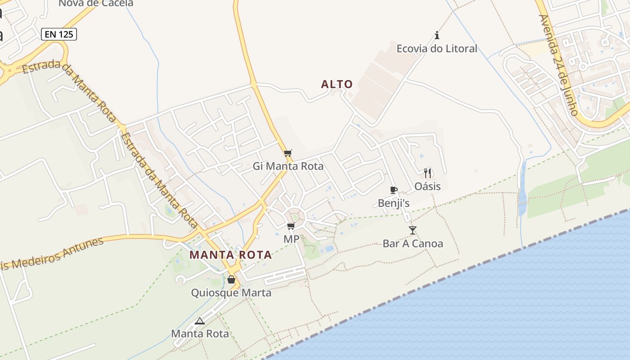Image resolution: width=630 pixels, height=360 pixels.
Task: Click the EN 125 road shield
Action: pyautogui.click(x=59, y=34)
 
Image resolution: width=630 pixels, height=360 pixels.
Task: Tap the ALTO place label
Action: pyautogui.click(x=337, y=84)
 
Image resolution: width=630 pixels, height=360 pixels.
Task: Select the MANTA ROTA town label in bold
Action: pyautogui.click(x=230, y=255)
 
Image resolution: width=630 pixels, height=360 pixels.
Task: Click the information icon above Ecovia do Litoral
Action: pyautogui.click(x=436, y=35)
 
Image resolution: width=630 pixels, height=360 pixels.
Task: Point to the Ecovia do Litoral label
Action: pyautogui.click(x=436, y=49)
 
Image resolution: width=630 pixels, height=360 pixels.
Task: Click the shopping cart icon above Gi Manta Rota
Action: pyautogui.click(x=288, y=153)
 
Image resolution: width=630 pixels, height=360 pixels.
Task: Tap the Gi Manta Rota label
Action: pyautogui.click(x=288, y=166)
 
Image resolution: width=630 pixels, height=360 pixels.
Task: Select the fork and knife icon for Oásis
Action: pyautogui.click(x=427, y=173)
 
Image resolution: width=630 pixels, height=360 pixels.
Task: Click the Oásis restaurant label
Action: pyautogui.click(x=427, y=186)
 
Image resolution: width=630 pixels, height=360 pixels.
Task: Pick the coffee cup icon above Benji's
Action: pyautogui.click(x=394, y=190)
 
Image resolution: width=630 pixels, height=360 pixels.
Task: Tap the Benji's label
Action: pyautogui.click(x=394, y=203)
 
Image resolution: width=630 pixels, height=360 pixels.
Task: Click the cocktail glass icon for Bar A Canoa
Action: pyautogui.click(x=413, y=230)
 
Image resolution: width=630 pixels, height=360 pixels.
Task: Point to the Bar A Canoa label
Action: pyautogui.click(x=413, y=244)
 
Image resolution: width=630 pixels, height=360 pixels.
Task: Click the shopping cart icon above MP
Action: pyautogui.click(x=291, y=226)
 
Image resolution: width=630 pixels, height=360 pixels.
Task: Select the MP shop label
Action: pyautogui.click(x=291, y=239)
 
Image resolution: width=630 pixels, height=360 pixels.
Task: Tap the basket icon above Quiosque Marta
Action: pyautogui.click(x=231, y=279)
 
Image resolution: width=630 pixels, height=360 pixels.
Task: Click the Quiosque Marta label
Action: pyautogui.click(x=231, y=293)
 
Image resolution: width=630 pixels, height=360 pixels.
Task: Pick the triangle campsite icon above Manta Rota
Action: pyautogui.click(x=200, y=321)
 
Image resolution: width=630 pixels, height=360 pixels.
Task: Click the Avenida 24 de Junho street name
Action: pyautogui.click(x=558, y=65)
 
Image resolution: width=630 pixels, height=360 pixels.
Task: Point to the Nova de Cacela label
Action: pyautogui.click(x=96, y=4)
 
